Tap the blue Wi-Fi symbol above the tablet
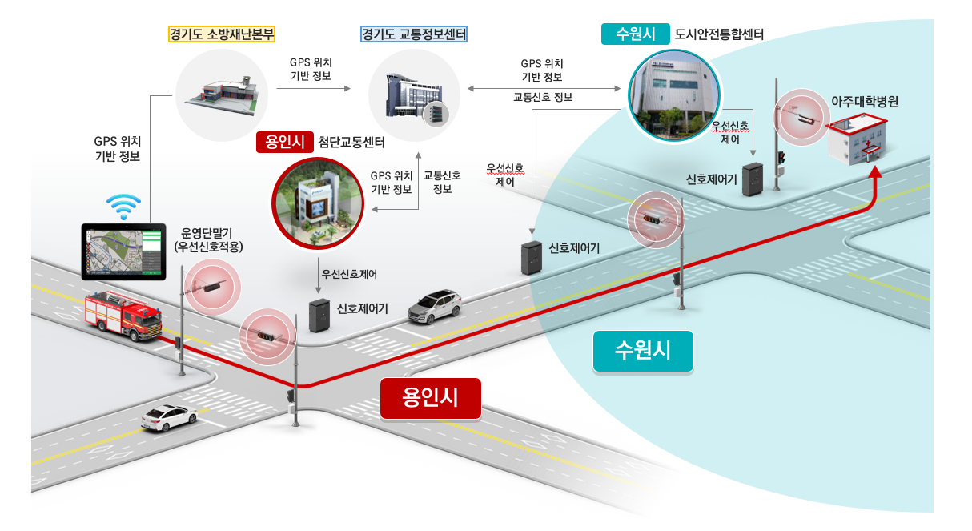pyautogui.click(x=124, y=207)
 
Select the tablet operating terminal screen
pyautogui.click(x=123, y=251)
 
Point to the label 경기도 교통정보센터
pyautogui.click(x=414, y=34)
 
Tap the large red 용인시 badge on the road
pyautogui.click(x=431, y=398)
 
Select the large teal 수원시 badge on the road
pyautogui.click(x=643, y=350)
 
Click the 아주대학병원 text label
pyautogui.click(x=866, y=103)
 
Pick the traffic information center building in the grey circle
pyautogui.click(x=413, y=96)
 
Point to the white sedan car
pyautogui.click(x=169, y=416)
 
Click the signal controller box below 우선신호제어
pyautogui.click(x=319, y=316)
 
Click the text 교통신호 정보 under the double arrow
pyautogui.click(x=542, y=98)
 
